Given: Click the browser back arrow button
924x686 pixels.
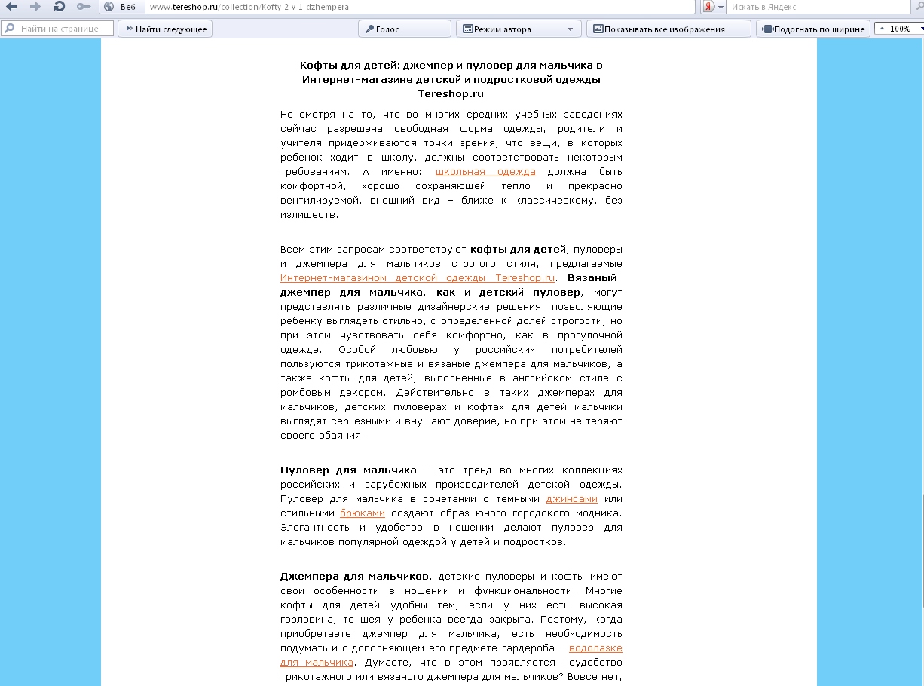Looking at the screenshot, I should [11, 7].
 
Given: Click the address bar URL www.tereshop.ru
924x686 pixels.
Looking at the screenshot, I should [249, 7].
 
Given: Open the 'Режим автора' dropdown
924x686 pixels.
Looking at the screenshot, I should [519, 29].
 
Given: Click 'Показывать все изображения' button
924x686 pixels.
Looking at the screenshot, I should [663, 29].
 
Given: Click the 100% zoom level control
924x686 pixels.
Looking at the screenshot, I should [900, 29].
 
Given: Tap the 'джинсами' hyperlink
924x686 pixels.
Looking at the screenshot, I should [571, 498].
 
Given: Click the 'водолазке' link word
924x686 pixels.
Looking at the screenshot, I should [595, 648].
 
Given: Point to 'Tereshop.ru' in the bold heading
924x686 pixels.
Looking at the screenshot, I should [451, 94].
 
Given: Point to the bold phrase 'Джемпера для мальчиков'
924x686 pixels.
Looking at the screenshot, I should [354, 576].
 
